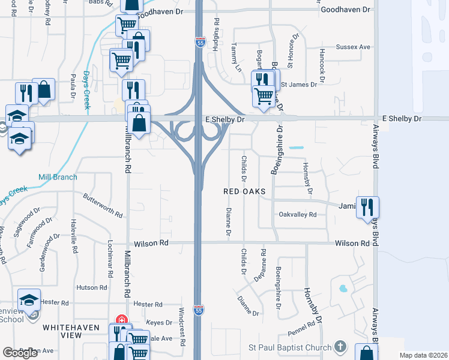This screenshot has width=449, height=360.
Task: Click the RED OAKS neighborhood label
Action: tap(244, 191)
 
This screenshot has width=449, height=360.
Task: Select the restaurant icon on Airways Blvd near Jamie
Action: tap(367, 207)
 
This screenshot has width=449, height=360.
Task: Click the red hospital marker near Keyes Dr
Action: tap(122, 319)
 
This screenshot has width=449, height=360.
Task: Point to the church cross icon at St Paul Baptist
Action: tap(340, 346)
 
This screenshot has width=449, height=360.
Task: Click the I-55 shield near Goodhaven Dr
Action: tap(199, 41)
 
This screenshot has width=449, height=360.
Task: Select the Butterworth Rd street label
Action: tap(103, 205)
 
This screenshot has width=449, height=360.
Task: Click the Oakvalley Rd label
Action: tap(297, 214)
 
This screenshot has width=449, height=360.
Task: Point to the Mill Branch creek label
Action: tap(58, 177)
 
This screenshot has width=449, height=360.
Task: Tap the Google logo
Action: tap(20, 353)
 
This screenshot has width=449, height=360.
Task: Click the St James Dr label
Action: tap(299, 85)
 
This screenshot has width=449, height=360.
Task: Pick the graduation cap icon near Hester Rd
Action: tap(29, 299)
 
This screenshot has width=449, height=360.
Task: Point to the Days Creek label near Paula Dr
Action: tap(86, 89)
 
